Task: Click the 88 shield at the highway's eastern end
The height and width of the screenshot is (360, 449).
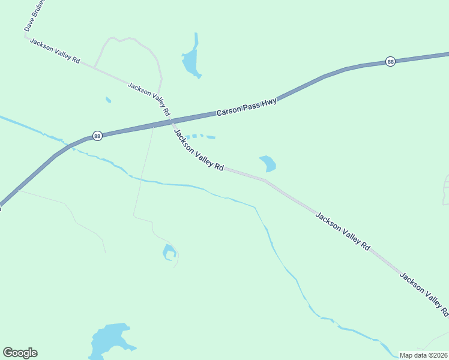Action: (390, 62)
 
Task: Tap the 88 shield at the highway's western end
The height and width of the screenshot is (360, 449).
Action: (97, 136)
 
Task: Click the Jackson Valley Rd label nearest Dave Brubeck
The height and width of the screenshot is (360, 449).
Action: (55, 52)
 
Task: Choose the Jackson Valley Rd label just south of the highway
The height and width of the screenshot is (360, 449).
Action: (198, 150)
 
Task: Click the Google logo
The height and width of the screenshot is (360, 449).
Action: (20, 353)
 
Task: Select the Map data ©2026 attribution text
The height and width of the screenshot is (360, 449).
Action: (423, 355)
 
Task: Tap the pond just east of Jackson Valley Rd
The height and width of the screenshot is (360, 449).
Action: (268, 163)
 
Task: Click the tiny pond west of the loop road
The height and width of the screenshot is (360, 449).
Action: (108, 100)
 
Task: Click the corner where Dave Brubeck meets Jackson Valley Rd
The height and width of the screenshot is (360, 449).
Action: (26, 37)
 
